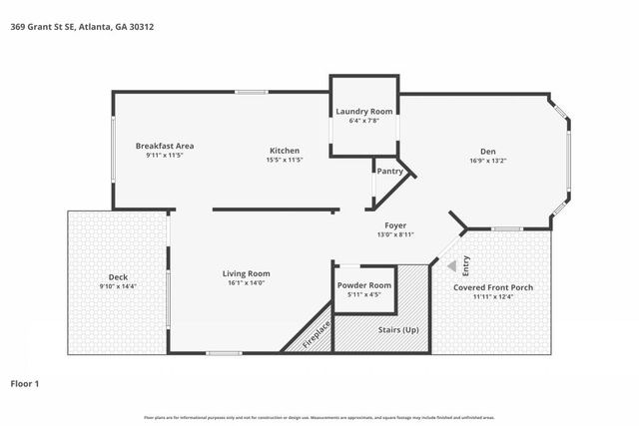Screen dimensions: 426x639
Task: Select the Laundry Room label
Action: click(x=364, y=111)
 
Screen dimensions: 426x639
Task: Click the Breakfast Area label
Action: click(x=165, y=146)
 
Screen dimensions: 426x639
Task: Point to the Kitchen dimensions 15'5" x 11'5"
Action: click(x=284, y=160)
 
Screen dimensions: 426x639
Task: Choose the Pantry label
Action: click(x=389, y=172)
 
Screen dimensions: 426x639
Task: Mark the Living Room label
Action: click(x=246, y=273)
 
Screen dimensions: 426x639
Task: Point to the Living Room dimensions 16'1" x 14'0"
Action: click(x=246, y=282)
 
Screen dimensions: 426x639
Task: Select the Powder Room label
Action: click(x=364, y=285)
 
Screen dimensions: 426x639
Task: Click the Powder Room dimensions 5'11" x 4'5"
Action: click(x=364, y=294)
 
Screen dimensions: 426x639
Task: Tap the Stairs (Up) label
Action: click(x=397, y=328)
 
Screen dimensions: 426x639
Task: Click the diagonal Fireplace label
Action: click(x=318, y=333)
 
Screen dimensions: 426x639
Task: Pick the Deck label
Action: click(x=118, y=277)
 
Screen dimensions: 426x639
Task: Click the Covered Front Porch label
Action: click(x=493, y=287)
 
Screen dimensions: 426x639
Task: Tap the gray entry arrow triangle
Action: click(x=451, y=265)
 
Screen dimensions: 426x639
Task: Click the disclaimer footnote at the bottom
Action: click(x=319, y=417)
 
